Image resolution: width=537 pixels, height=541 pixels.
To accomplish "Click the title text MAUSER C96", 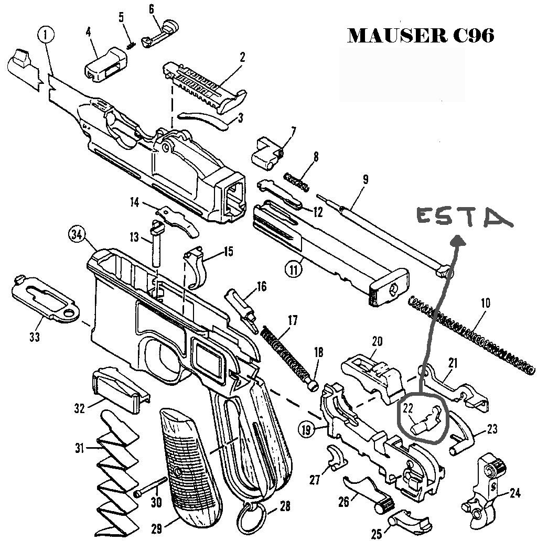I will click(x=421, y=36).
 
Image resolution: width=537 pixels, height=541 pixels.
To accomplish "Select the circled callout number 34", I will click(x=78, y=234).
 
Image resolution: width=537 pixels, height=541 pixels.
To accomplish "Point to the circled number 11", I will click(x=294, y=269).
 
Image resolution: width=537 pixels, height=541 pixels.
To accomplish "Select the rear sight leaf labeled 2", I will click(x=205, y=84).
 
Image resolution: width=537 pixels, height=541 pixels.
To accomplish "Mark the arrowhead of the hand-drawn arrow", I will click(x=458, y=240).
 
